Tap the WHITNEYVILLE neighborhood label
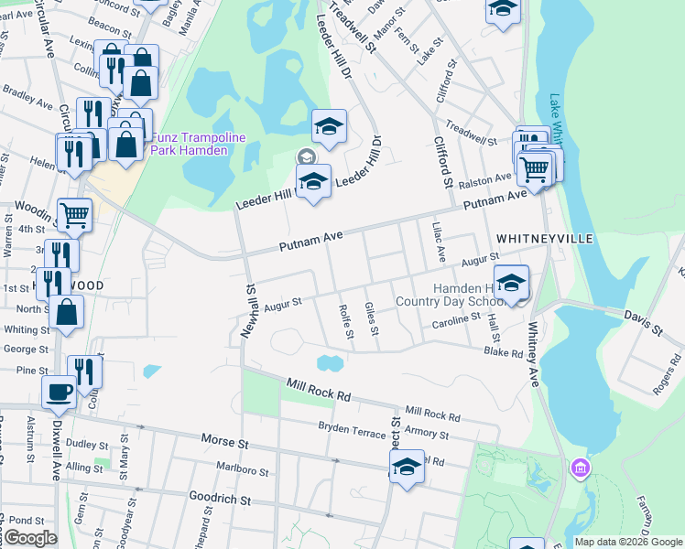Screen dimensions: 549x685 545,239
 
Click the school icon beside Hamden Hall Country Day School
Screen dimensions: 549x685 511,283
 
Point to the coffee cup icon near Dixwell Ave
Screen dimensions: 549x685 60,393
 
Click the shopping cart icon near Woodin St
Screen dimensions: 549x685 75,216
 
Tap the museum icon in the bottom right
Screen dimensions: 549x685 579,469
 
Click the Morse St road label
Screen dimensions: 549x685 224,443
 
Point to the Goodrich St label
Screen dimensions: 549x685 220,500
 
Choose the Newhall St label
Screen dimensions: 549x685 248,312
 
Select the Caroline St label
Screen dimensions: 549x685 456,318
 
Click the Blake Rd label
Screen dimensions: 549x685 504,352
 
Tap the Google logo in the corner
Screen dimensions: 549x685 30,539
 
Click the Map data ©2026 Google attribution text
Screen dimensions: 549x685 628,542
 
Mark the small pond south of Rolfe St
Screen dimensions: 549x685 330,363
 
